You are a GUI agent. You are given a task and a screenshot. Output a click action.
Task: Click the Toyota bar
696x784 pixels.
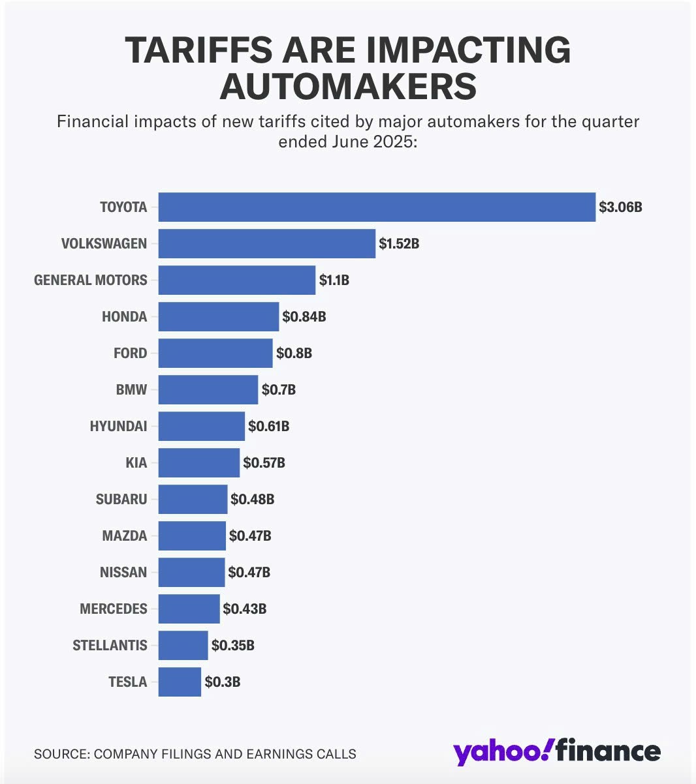click(377, 207)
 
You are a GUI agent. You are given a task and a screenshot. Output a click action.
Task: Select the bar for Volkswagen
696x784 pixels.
click(266, 243)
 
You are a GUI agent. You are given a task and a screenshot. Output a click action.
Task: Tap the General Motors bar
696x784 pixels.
click(236, 280)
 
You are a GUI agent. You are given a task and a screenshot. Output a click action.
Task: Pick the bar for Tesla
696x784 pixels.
click(180, 682)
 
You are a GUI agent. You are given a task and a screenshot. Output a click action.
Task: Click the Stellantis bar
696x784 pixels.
click(183, 645)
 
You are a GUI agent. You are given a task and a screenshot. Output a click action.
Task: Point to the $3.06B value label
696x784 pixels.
click(620, 207)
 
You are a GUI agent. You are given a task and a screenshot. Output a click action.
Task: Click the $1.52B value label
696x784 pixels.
click(399, 244)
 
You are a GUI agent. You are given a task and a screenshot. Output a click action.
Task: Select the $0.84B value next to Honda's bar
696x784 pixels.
click(304, 317)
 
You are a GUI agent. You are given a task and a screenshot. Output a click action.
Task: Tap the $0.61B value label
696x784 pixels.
click(268, 427)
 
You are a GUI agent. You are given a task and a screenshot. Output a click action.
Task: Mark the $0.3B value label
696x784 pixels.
click(222, 682)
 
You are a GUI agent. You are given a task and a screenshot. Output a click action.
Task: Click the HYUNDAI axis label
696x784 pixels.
click(118, 427)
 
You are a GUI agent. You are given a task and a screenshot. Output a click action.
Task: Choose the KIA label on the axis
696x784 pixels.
click(136, 463)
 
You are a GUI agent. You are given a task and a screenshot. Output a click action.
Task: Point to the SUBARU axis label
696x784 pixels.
click(121, 500)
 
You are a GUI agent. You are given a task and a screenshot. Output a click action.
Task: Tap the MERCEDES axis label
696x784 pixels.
click(113, 609)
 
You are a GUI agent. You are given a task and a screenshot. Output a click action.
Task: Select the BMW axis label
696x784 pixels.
click(131, 390)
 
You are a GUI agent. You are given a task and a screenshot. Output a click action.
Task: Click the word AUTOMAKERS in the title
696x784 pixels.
click(348, 87)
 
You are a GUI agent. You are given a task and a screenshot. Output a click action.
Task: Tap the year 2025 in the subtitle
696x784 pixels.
click(392, 142)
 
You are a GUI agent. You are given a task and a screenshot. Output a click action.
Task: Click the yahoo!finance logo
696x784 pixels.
click(556, 752)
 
